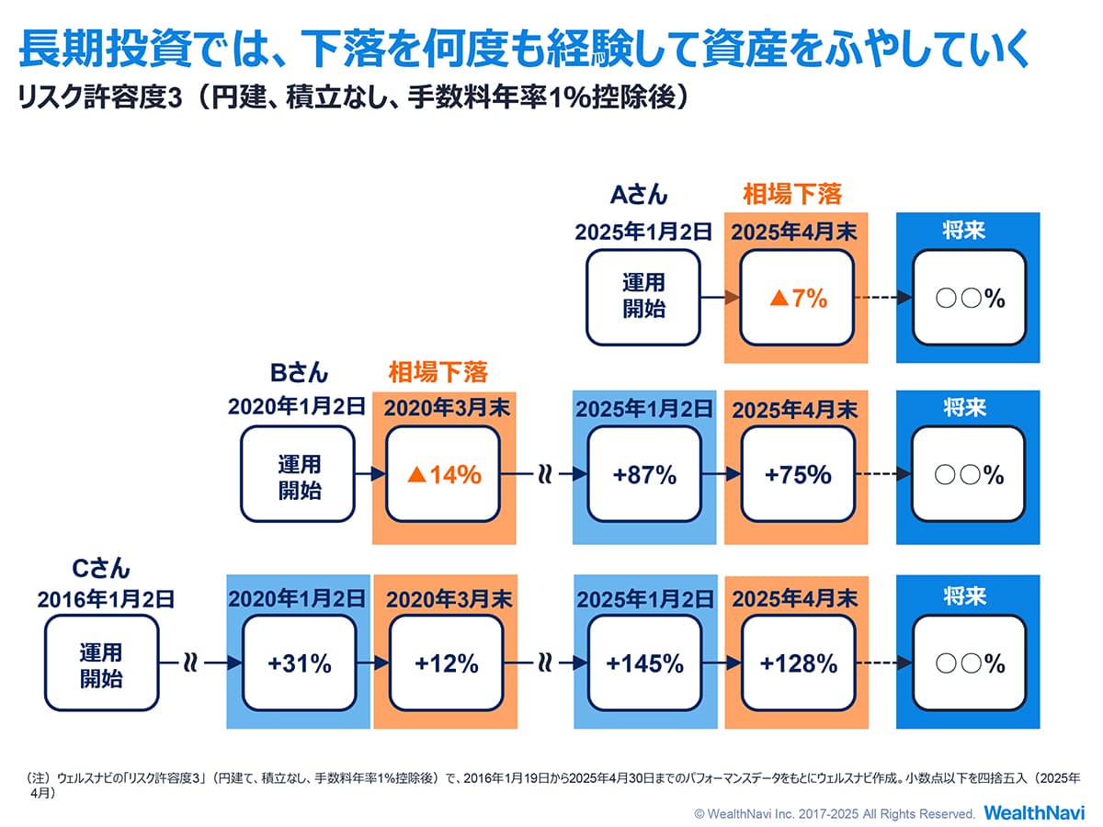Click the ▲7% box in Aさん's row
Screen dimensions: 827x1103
tap(797, 298)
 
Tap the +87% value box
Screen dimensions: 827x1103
tap(644, 475)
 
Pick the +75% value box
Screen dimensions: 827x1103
tap(797, 475)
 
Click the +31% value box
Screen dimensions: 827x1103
tap(299, 663)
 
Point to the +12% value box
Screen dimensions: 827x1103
tap(446, 663)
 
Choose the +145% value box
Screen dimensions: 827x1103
tap(644, 663)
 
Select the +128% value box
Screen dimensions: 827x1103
tap(798, 663)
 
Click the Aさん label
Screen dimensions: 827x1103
tap(639, 195)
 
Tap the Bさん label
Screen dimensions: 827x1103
tap(299, 373)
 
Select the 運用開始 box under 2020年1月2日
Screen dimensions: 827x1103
tap(299, 475)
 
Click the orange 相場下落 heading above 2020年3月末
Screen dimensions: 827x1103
tap(438, 373)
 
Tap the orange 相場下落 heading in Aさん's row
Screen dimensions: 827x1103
tap(791, 195)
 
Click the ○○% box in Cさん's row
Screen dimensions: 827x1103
tap(968, 663)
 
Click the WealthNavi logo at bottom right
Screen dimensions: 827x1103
tap(1035, 813)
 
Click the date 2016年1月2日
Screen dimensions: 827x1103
tap(106, 600)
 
